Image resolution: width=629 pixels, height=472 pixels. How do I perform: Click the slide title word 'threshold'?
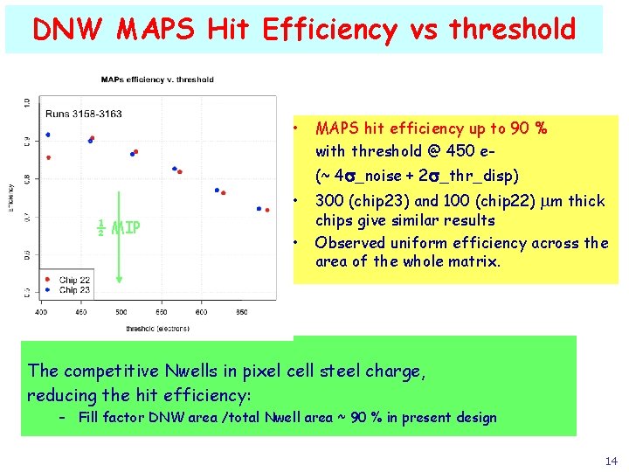(x=512, y=30)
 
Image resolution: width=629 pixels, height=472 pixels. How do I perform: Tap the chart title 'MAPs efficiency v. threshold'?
(x=157, y=80)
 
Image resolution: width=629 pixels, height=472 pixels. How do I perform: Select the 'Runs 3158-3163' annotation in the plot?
(x=84, y=114)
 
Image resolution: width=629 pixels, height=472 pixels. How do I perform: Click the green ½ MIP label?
(x=119, y=229)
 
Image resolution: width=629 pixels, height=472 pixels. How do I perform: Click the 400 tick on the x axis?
(x=41, y=311)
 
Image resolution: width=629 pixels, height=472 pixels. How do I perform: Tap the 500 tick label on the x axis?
(x=121, y=311)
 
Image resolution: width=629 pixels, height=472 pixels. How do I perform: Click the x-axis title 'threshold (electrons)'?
(x=157, y=328)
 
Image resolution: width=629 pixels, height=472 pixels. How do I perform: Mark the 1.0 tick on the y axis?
(x=27, y=102)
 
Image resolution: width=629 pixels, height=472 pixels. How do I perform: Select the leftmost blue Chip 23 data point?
(x=48, y=135)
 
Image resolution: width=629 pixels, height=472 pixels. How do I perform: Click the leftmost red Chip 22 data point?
(x=48, y=157)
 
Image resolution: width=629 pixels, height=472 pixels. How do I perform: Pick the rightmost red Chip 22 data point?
(x=266, y=209)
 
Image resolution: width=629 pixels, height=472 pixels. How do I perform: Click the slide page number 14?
(x=610, y=461)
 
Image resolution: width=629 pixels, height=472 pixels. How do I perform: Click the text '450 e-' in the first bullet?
(x=472, y=149)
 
